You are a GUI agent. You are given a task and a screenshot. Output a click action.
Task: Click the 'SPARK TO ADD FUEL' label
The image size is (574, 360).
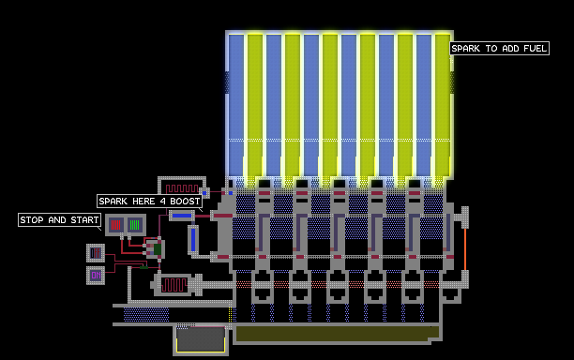[x=499, y=49]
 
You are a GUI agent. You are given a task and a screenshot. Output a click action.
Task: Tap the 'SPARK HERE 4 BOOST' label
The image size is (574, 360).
[x=150, y=202]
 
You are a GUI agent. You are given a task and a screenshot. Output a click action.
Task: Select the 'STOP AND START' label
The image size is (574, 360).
[x=59, y=220]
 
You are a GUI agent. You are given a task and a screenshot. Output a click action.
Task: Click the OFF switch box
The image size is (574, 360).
[x=96, y=253]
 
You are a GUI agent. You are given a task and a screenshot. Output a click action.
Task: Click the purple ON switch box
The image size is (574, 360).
[x=96, y=276]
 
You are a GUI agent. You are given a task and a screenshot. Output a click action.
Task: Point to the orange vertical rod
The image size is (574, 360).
[x=465, y=249]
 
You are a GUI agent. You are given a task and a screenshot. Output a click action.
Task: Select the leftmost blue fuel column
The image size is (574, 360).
[x=236, y=105]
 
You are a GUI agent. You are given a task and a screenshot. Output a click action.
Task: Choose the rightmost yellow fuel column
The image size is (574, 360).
[x=443, y=105]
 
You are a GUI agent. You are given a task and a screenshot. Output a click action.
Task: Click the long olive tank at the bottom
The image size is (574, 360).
[x=337, y=334]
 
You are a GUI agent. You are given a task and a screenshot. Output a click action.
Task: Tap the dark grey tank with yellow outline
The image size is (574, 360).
[x=201, y=340]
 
